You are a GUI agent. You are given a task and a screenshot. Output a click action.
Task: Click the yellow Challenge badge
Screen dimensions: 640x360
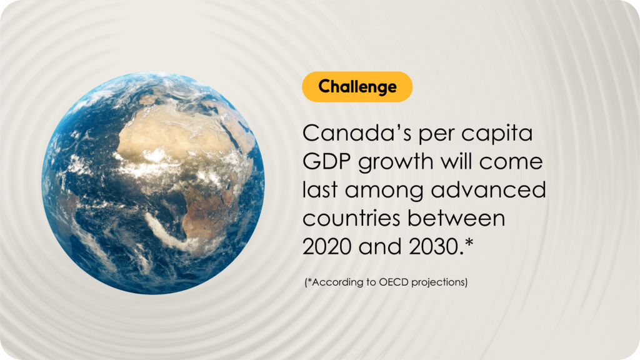[x=357, y=86]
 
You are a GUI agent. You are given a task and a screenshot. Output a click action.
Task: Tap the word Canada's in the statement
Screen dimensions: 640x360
[x=357, y=133]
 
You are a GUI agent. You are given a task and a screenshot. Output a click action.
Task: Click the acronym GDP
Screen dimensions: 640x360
[x=326, y=162]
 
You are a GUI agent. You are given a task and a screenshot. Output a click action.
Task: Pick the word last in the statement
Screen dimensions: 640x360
[x=320, y=190]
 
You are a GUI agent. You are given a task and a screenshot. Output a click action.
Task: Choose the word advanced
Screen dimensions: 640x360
[x=489, y=190]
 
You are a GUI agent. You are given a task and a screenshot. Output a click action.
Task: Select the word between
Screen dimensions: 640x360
[x=456, y=218]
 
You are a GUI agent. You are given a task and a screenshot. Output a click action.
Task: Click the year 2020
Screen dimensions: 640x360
[x=327, y=247]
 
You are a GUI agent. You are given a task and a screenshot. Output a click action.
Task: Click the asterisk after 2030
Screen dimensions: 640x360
[x=469, y=242]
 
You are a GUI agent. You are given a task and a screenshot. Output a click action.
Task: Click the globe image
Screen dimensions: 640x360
[x=153, y=183]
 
